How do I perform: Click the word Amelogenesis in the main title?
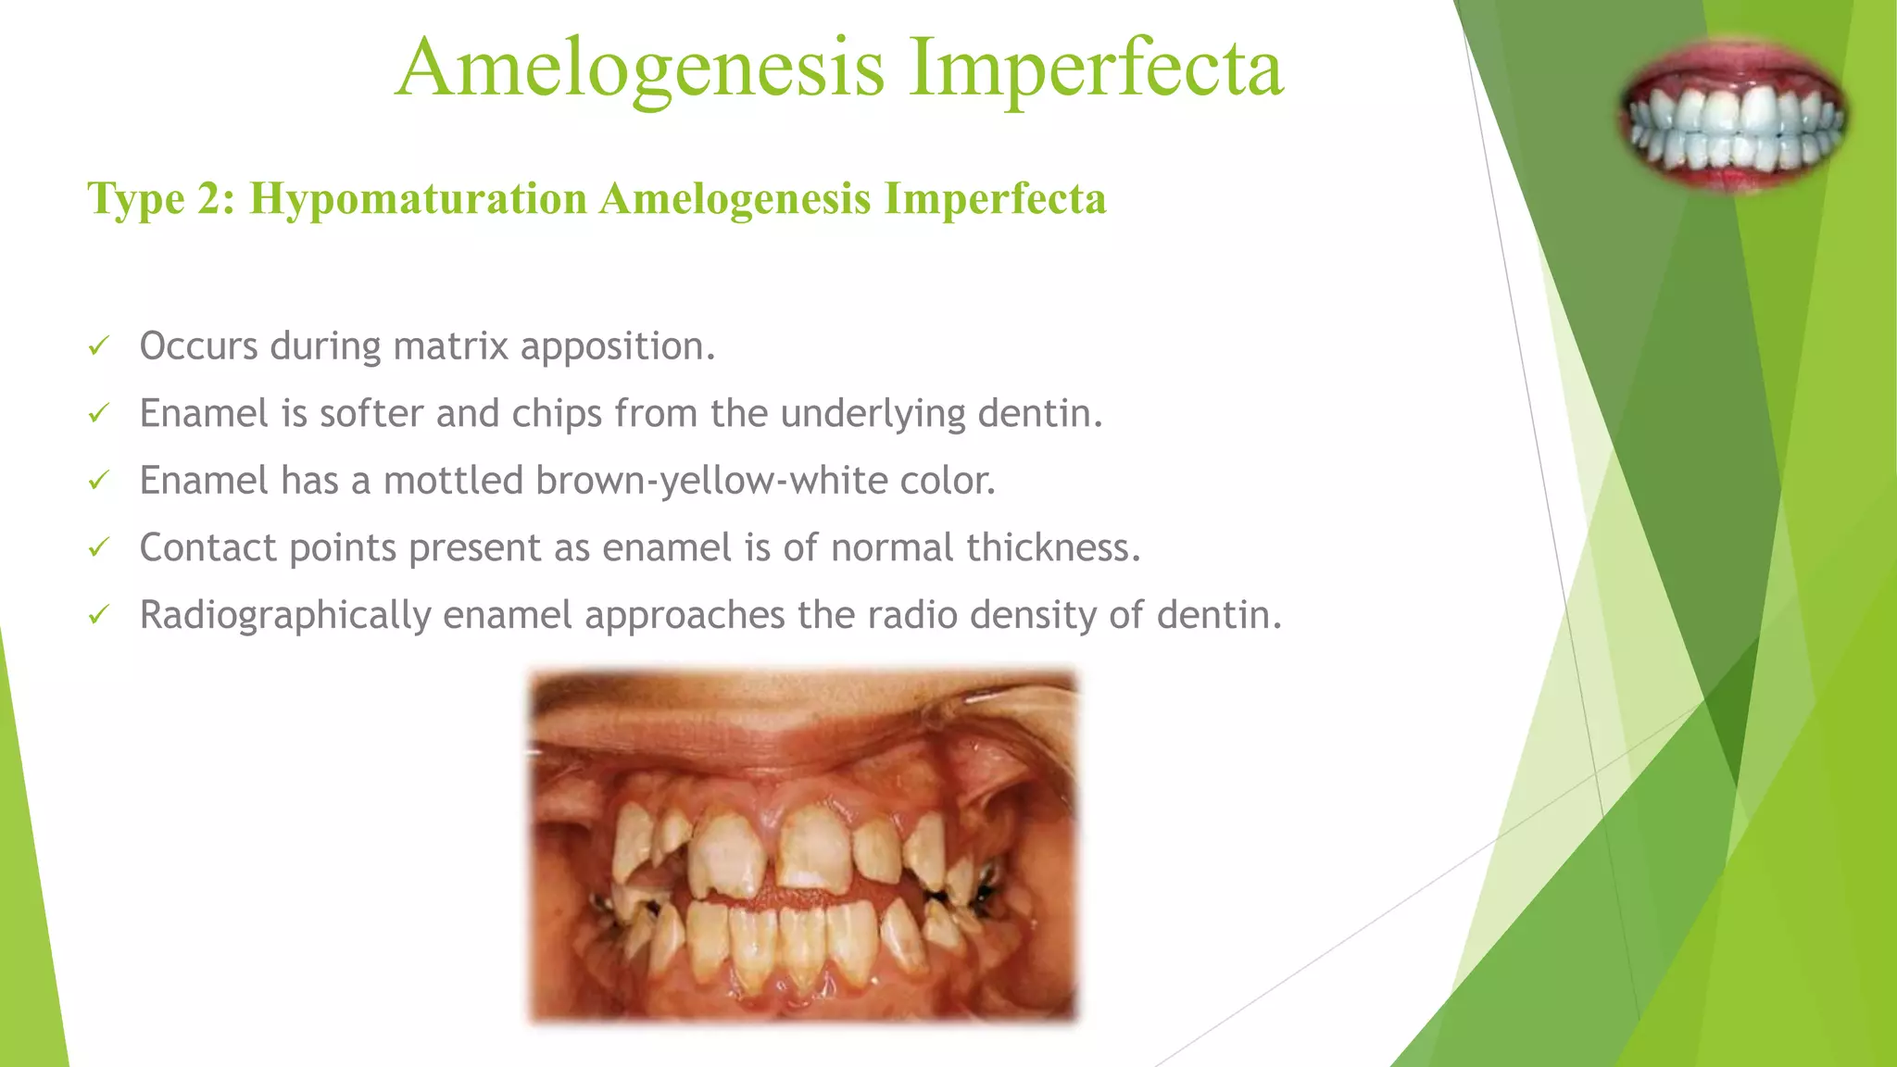(x=639, y=69)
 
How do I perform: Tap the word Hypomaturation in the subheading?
(x=419, y=199)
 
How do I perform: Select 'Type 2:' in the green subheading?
(x=161, y=199)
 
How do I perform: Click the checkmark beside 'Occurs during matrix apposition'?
(x=98, y=347)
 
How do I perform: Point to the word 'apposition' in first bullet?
(x=617, y=347)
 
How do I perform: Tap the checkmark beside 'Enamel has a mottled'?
(x=98, y=482)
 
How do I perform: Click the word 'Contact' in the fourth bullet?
(x=207, y=548)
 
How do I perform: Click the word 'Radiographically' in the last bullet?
(x=284, y=616)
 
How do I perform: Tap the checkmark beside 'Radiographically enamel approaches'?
(x=98, y=616)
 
